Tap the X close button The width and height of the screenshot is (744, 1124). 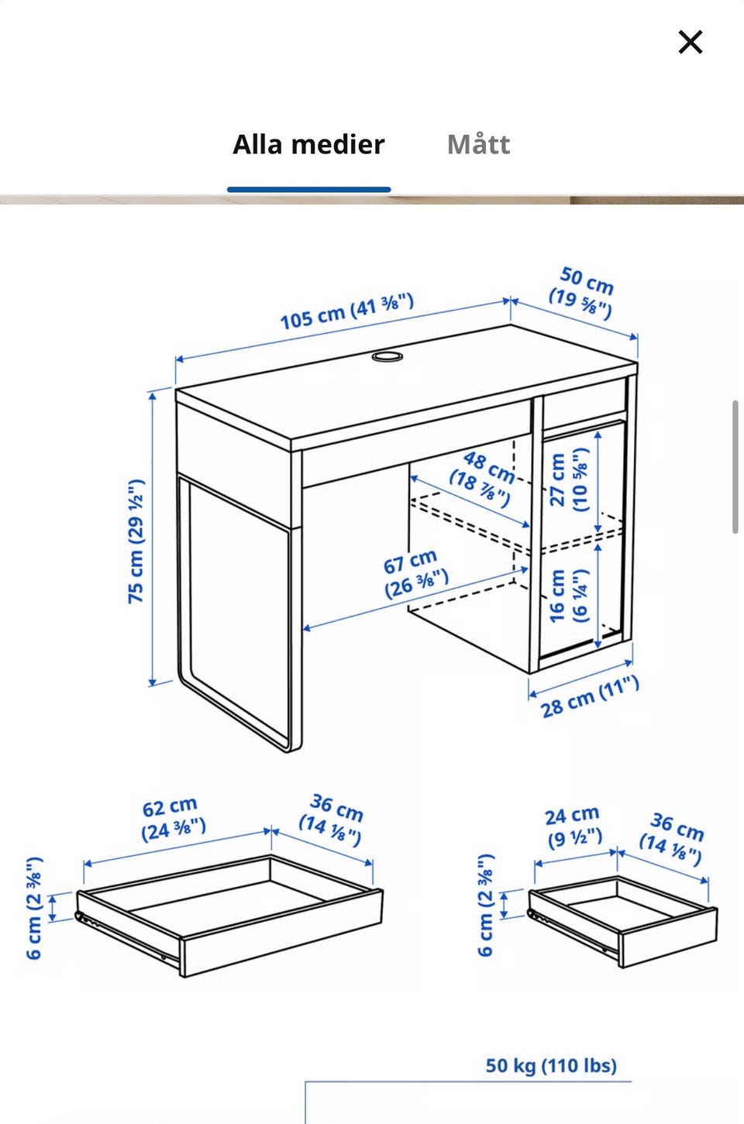coord(691,42)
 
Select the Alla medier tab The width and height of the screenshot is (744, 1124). coord(308,145)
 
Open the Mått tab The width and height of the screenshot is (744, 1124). coord(478,145)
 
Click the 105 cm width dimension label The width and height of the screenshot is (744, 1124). coord(347,311)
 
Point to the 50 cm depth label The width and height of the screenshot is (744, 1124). coord(582,293)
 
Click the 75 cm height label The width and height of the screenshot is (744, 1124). coord(136,541)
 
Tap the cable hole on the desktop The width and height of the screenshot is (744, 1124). coord(387,356)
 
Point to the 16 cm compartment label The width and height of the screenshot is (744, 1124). coord(568,596)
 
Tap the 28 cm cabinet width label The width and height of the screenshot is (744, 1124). coord(590,697)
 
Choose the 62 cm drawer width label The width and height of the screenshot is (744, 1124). coord(173,819)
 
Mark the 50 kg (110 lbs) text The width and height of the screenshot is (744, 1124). coord(551,1066)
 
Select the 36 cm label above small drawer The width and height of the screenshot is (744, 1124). coord(672,839)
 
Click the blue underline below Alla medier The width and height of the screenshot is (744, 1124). coord(308,190)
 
